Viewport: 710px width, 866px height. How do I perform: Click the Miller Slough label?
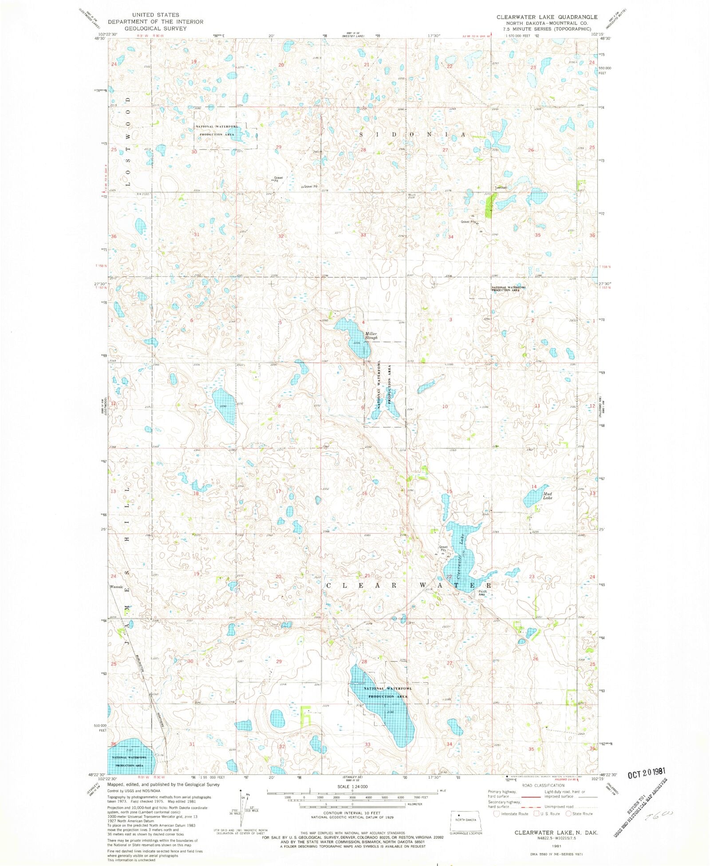tap(371, 336)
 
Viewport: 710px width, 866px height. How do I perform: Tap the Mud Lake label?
tap(547, 495)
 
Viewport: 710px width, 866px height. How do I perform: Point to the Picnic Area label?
tap(482, 593)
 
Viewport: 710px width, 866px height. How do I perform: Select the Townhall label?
tap(501, 188)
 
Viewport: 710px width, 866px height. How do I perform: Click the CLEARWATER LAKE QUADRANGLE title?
tap(547, 17)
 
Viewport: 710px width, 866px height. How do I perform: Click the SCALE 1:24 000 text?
tap(352, 787)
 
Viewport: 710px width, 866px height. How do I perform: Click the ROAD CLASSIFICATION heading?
tap(543, 785)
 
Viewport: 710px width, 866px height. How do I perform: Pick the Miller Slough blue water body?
tap(353, 337)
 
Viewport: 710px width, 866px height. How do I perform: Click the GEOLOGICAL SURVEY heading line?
tap(155, 28)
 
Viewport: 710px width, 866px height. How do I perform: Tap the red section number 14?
tap(534, 487)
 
